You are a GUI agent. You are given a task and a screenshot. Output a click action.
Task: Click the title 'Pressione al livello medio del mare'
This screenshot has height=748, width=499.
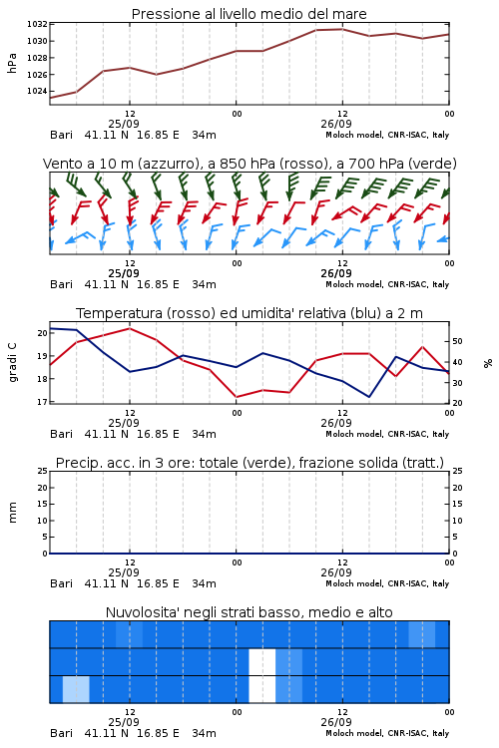point(249,14)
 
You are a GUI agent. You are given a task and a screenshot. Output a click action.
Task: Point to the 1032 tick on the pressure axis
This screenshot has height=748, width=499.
point(37,24)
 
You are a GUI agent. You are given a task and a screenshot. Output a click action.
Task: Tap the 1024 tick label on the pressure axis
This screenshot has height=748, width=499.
point(37,91)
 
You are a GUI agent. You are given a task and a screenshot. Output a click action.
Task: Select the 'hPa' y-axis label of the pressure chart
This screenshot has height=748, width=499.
point(12,64)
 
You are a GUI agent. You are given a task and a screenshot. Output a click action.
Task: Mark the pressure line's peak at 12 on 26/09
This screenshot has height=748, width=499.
point(342,29)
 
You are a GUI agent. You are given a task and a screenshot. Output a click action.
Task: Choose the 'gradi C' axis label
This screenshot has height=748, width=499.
point(12,363)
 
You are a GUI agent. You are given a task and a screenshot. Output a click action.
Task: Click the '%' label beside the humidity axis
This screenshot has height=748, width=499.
point(488,363)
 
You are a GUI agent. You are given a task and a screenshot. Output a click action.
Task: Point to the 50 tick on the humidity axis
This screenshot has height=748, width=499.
point(457,341)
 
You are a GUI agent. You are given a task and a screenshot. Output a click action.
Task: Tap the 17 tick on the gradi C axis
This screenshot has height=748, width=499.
point(43,402)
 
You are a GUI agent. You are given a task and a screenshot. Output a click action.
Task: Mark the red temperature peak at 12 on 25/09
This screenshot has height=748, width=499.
point(130,328)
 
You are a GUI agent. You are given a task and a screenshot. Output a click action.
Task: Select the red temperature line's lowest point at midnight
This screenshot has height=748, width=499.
point(236,397)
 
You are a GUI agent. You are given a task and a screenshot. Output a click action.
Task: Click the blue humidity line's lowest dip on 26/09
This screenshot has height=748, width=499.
point(368,397)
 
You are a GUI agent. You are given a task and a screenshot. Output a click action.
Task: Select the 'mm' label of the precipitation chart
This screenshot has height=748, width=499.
point(12,513)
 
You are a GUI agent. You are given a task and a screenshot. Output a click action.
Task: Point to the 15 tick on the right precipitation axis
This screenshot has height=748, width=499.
point(457,504)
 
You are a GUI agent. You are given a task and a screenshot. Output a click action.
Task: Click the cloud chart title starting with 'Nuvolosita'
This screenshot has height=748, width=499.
point(249,612)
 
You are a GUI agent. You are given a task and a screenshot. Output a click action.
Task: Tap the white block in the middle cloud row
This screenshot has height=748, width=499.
point(262,661)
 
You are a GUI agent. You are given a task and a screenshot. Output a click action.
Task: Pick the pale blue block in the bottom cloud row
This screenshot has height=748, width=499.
point(76,689)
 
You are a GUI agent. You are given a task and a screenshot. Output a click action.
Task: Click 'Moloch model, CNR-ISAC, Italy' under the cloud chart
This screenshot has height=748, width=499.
point(387,733)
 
